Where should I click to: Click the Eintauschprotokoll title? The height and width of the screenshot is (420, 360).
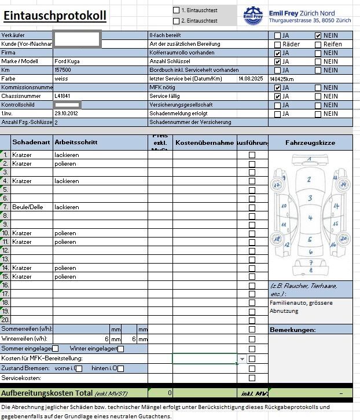tap(55, 16)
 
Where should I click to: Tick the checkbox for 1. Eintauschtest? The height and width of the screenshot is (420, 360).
tap(177, 10)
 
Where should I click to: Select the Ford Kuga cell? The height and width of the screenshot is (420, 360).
tap(67, 61)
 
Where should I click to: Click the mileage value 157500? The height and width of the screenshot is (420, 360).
tap(63, 70)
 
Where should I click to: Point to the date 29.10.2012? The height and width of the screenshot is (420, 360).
tap(65, 114)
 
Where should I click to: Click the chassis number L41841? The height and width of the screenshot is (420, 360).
tap(63, 96)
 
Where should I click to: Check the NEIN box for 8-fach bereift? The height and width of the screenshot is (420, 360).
tap(318, 35)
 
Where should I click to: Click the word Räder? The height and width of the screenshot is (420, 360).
tap(291, 44)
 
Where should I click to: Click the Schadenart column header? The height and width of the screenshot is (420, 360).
tap(31, 142)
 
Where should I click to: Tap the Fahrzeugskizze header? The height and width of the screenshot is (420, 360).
tap(310, 142)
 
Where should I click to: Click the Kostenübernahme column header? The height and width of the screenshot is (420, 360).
tap(204, 143)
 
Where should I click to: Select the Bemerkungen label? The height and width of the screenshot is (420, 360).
tap(292, 330)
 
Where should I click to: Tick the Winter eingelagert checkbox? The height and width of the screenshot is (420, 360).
tap(120, 349)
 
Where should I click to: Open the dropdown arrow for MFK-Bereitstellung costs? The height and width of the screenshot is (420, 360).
tap(241, 359)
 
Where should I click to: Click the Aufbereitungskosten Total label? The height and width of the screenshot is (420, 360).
tap(46, 393)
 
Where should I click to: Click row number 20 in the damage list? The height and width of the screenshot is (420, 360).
tap(6, 320)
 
